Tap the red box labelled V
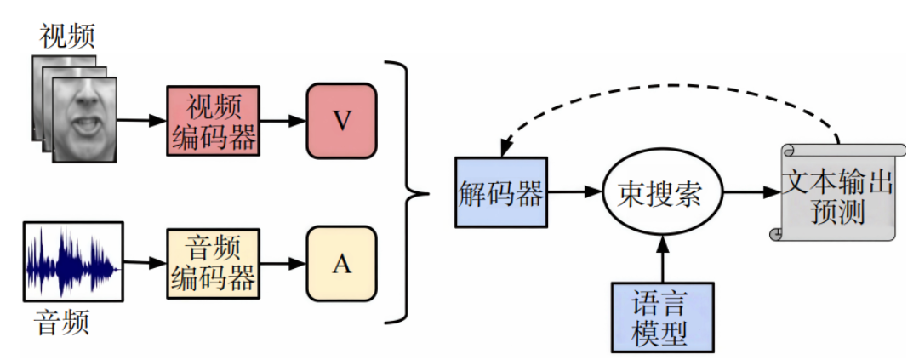click(x=341, y=120)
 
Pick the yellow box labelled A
click(x=341, y=264)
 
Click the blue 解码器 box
click(x=499, y=192)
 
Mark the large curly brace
click(x=408, y=192)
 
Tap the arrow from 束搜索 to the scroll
click(x=751, y=193)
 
